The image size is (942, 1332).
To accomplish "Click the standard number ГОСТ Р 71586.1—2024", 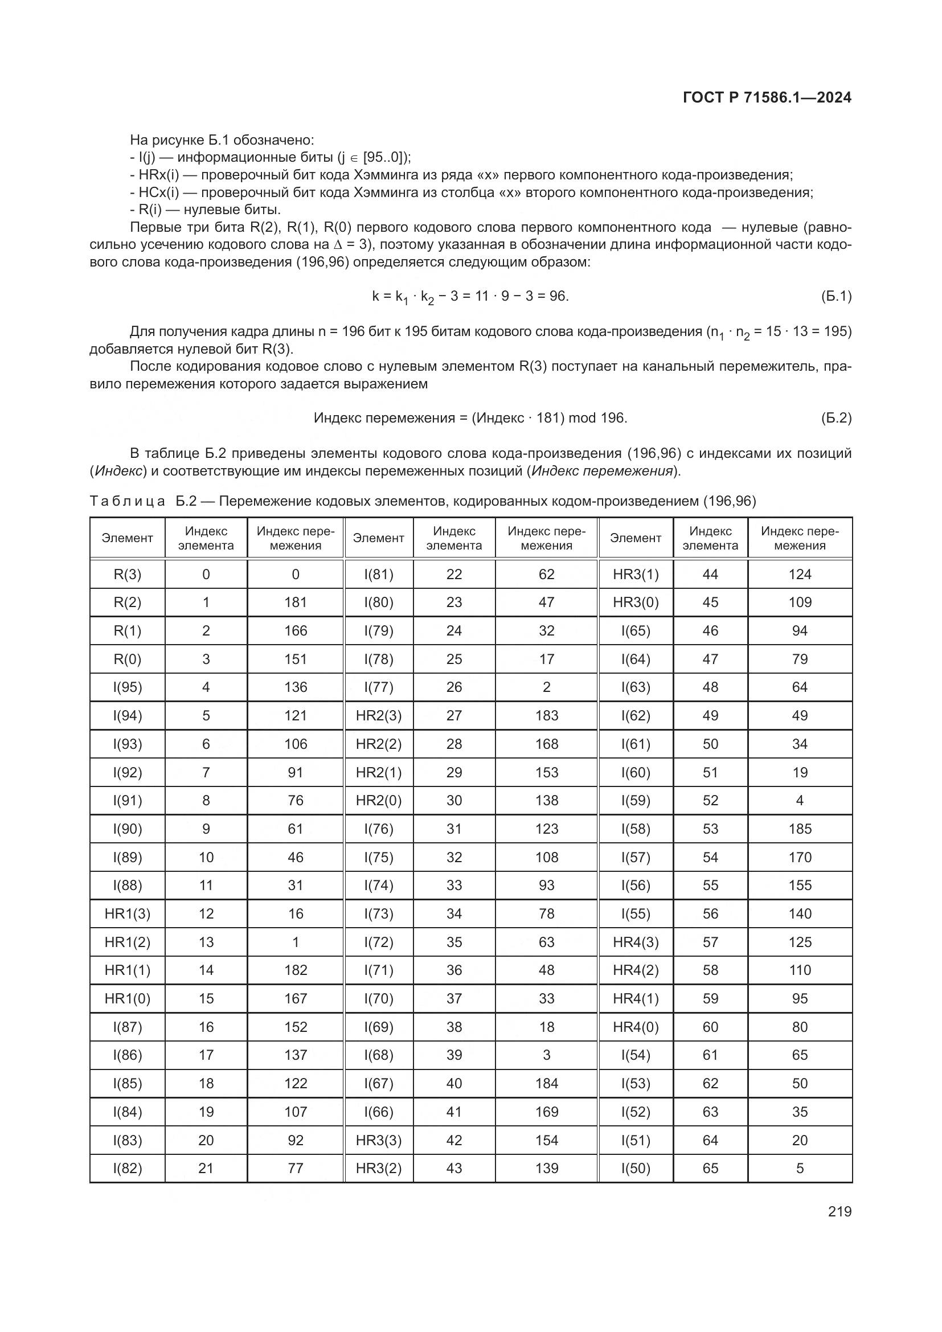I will [767, 97].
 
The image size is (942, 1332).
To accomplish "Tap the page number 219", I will [839, 1211].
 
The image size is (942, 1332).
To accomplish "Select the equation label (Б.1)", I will [836, 297].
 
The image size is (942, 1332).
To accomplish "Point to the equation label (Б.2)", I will [836, 417].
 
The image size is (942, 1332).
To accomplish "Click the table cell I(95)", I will [127, 687].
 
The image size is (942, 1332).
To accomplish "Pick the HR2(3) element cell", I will [378, 715].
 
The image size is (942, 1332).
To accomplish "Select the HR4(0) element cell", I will [635, 1027].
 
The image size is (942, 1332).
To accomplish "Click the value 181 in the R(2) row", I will [295, 602].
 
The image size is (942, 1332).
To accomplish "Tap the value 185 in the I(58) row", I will [799, 829].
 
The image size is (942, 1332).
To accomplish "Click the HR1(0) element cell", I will [127, 998].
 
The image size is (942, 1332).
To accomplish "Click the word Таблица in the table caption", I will [127, 501].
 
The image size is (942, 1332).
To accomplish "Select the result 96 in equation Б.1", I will [558, 297].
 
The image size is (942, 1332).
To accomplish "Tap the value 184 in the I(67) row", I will [546, 1083].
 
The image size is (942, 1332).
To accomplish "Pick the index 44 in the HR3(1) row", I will [710, 575].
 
